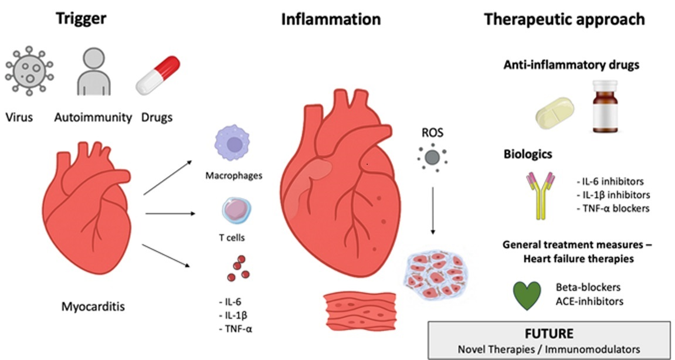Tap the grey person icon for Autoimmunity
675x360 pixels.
[93, 73]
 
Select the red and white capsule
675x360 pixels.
[157, 74]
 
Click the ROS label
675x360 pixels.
[432, 133]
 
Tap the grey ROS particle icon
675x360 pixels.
[432, 157]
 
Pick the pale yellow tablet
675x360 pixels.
[554, 113]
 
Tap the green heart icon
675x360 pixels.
[527, 295]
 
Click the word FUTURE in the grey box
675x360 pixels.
[549, 334]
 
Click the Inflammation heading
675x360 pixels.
[331, 19]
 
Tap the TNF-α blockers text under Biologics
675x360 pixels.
[613, 208]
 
